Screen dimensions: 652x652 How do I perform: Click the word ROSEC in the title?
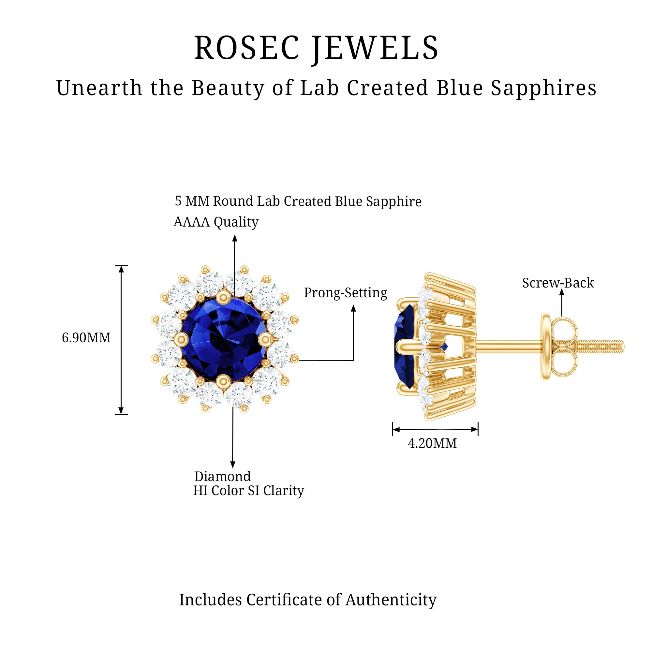(x=246, y=48)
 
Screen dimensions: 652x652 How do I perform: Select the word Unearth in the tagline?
(x=99, y=88)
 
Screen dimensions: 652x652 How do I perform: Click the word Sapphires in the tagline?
(x=543, y=88)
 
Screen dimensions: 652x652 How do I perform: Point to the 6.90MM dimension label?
(x=86, y=338)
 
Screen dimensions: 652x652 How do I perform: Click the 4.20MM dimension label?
(x=432, y=443)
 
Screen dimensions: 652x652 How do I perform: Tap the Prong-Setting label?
(x=345, y=293)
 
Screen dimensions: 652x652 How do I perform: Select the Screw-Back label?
(x=558, y=283)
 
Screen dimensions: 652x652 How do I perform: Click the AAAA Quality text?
(x=216, y=222)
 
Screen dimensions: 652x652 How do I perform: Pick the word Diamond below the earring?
(x=222, y=477)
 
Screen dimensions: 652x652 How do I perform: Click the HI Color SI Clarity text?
(x=248, y=491)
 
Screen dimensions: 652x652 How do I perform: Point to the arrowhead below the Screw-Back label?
(x=562, y=292)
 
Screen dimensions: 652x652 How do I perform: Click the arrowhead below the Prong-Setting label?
(x=353, y=308)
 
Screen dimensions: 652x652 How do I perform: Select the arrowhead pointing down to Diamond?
(x=232, y=464)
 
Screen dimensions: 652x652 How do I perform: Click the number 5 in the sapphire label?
(x=178, y=201)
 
